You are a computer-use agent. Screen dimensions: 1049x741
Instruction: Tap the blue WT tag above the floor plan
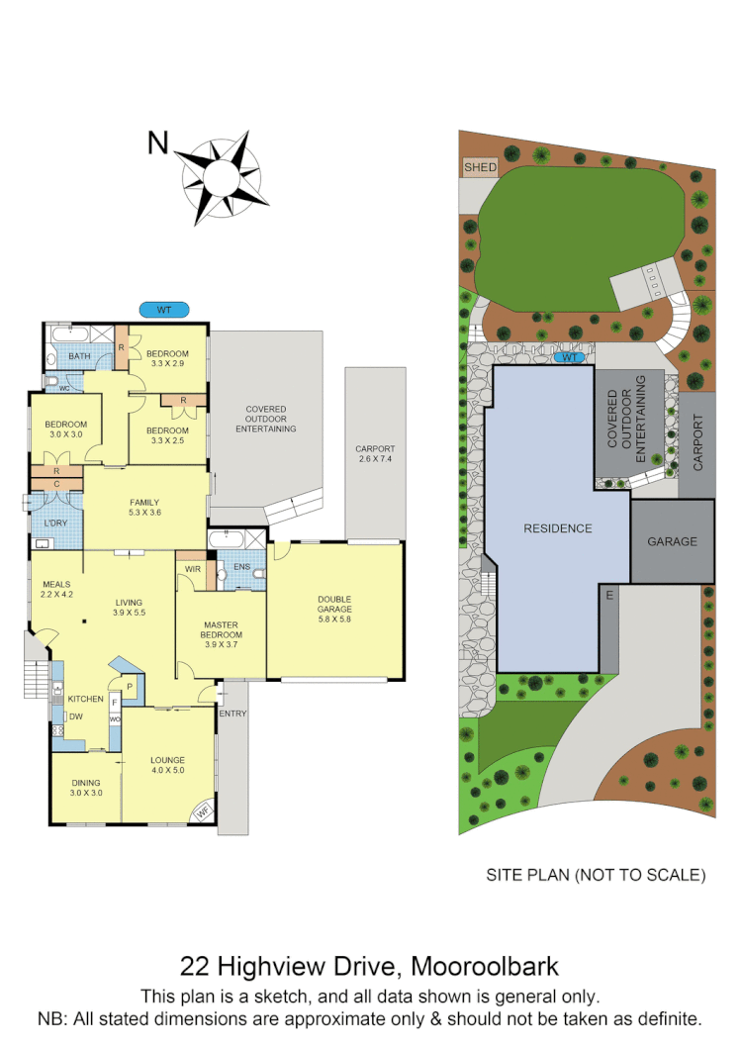164,310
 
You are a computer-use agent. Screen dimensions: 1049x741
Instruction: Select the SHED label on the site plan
480,168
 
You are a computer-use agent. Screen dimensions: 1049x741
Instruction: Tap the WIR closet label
190,568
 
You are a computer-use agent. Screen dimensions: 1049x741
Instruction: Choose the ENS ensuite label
239,567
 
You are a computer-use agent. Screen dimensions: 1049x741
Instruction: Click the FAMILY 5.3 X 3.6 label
144,507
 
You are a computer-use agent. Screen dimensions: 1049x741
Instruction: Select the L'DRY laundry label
55,523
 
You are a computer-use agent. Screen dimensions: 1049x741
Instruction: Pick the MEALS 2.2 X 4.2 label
56,590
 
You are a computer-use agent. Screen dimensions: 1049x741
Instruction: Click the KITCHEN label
84,698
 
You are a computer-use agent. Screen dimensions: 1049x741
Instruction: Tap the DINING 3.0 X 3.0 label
86,787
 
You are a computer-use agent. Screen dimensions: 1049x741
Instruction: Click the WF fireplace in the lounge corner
204,812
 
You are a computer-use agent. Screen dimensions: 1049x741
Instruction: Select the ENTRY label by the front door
232,714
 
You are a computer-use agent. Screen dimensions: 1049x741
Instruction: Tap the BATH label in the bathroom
79,357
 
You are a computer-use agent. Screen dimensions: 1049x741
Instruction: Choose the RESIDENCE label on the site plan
557,528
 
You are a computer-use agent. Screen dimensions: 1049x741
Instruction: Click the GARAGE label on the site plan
672,541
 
